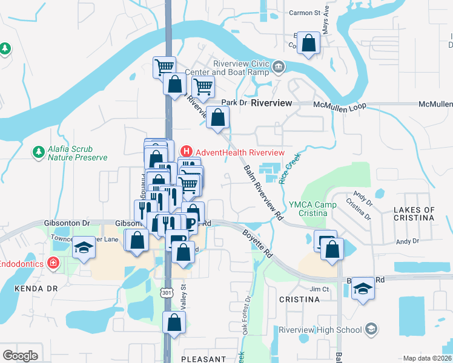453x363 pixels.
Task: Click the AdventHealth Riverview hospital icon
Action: coord(187,151)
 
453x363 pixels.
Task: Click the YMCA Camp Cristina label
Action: coord(312,210)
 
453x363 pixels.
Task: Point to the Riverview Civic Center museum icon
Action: coord(279,67)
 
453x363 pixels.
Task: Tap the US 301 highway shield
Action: coord(167,293)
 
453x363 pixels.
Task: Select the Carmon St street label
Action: coord(304,13)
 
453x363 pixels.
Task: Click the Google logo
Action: coord(20,355)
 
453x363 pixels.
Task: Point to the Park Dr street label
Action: coord(235,103)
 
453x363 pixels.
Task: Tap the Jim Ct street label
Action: coord(319,289)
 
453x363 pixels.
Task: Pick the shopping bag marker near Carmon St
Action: coord(309,44)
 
